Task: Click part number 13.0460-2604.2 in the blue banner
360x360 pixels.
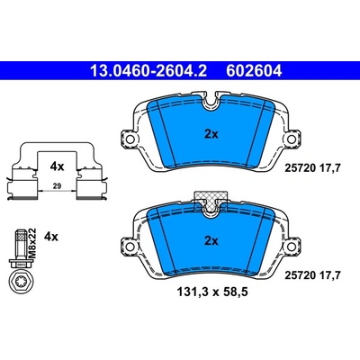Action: point(148,71)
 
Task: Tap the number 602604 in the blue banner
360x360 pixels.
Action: point(254,71)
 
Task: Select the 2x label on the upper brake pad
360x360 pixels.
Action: point(211,134)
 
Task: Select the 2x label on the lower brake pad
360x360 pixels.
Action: point(211,240)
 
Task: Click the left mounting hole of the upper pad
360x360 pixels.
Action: point(130,139)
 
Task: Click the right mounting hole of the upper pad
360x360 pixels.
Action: point(292,139)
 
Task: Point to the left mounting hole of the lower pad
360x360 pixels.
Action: point(130,247)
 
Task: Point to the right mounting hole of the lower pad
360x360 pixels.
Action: point(292,247)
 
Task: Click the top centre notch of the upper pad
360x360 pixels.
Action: point(211,101)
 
